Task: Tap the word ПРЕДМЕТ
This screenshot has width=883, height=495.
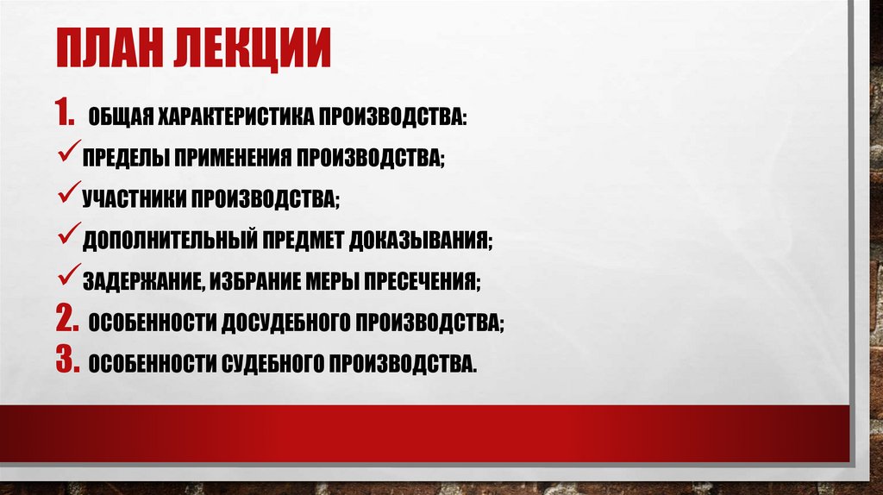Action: point(302,241)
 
